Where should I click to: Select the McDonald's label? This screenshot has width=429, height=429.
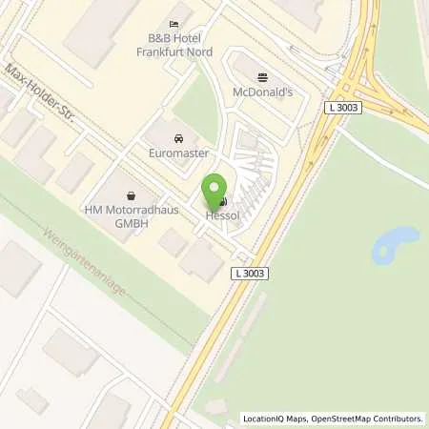coord(263,92)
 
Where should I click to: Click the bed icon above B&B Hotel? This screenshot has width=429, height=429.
coord(173,24)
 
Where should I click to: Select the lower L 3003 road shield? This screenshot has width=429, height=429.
coord(250,274)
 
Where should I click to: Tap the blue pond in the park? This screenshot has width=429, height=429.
coord(396,245)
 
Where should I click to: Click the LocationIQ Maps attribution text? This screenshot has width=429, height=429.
coord(273,418)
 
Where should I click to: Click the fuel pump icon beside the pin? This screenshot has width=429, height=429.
coord(223,202)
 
